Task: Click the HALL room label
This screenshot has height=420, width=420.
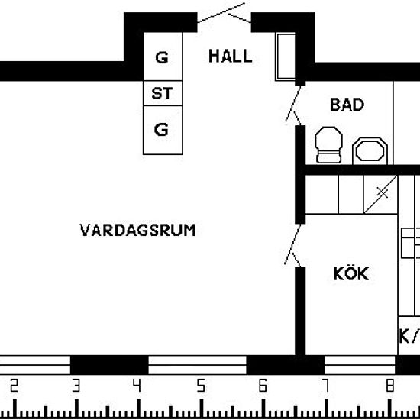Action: (x=230, y=57)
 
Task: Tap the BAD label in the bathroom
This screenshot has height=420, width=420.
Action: (x=347, y=105)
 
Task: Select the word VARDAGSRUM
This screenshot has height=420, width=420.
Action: (x=137, y=229)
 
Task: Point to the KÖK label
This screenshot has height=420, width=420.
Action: (x=351, y=273)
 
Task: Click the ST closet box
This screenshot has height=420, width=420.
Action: (x=161, y=94)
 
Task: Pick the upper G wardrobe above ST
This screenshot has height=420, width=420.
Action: (x=161, y=58)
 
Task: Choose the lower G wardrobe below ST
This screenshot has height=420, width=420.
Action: (x=161, y=129)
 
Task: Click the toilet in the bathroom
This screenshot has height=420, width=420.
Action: (x=329, y=145)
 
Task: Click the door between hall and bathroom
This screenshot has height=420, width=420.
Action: (x=292, y=105)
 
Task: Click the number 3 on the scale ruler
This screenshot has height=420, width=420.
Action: (x=75, y=386)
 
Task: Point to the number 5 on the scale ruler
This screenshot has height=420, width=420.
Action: (x=200, y=386)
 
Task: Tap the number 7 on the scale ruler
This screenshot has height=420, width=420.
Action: (x=325, y=386)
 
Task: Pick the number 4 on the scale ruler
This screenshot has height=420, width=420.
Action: (x=137, y=386)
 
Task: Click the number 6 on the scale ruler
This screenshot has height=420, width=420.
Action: (x=263, y=386)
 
